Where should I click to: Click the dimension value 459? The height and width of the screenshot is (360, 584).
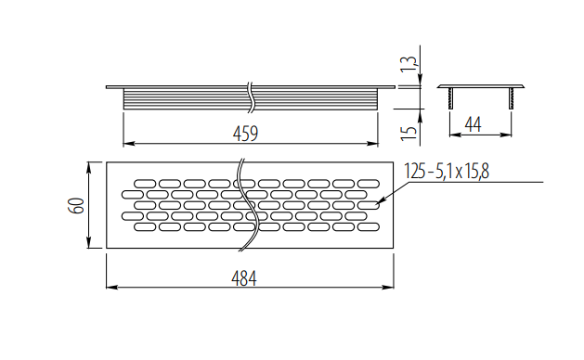pyautogui.click(x=244, y=133)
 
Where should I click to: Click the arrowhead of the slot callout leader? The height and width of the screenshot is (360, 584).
pyautogui.click(x=372, y=203)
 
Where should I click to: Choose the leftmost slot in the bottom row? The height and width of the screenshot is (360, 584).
pyautogui.click(x=146, y=226)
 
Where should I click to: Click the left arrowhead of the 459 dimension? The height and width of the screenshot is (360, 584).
pyautogui.click(x=127, y=144)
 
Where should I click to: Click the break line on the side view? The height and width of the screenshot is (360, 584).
pyautogui.click(x=249, y=95)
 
